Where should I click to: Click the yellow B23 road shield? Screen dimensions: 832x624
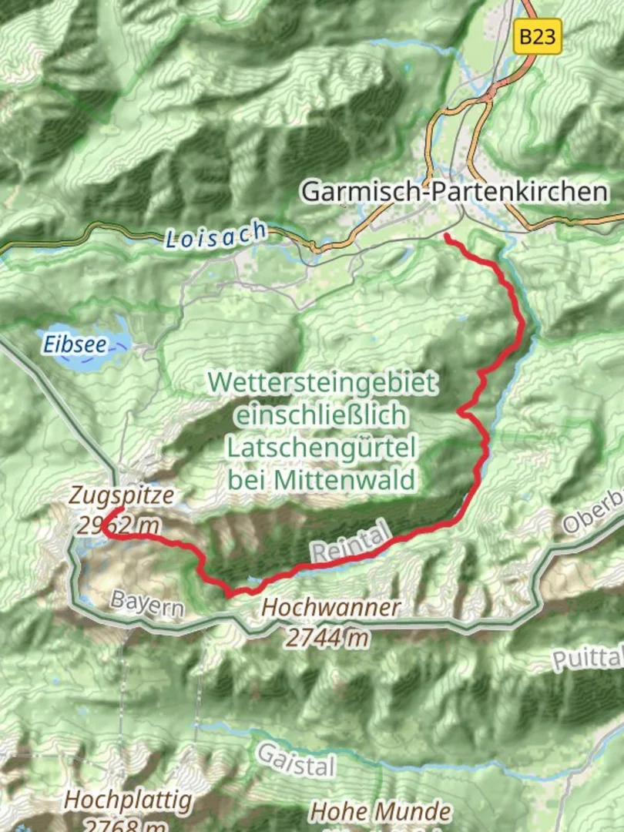click(537, 36)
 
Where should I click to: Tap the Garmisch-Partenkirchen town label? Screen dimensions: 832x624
click(454, 191)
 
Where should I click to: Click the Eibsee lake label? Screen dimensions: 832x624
click(75, 344)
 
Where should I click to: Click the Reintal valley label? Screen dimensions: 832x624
click(352, 542)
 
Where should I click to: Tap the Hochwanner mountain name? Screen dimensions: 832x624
click(330, 607)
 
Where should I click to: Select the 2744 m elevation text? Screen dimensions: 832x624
click(327, 636)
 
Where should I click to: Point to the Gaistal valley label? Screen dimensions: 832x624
click(296, 759)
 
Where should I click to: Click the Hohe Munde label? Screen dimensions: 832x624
click(381, 811)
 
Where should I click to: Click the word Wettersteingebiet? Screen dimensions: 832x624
click(322, 381)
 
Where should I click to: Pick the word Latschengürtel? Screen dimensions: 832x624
click(321, 447)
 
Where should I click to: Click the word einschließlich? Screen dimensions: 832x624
click(321, 414)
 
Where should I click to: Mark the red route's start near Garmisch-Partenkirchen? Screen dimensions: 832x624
click(446, 236)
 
